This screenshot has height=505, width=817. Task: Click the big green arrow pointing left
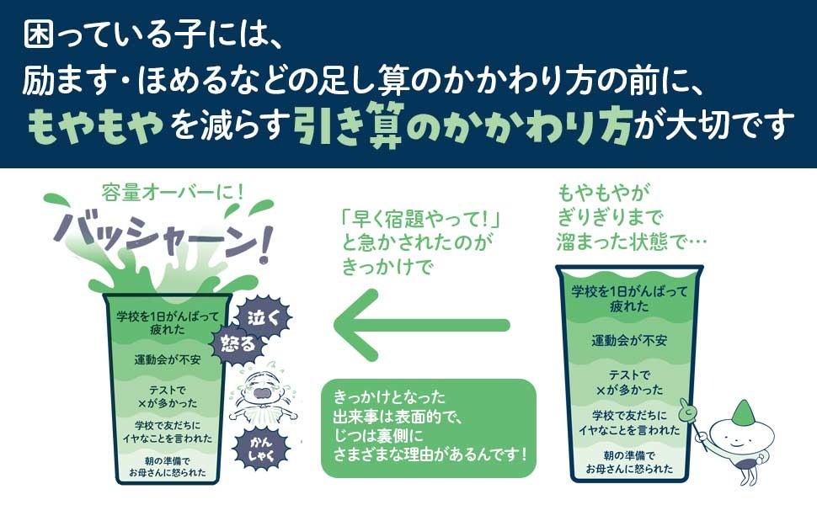[421, 326]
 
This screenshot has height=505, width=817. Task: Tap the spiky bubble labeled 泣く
[264, 317]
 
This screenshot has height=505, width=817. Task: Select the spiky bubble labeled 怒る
[238, 344]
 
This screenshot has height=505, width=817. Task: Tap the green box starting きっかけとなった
[429, 428]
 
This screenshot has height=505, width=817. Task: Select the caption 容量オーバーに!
[173, 194]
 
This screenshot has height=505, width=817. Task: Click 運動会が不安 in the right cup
[629, 341]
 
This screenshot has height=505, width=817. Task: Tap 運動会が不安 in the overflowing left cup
[168, 359]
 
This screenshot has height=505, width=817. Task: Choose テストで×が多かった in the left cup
[168, 396]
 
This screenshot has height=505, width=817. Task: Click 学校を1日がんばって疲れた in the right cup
[629, 299]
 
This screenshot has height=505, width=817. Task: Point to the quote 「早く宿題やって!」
[420, 219]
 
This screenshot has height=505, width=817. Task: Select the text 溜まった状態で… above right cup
[632, 242]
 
